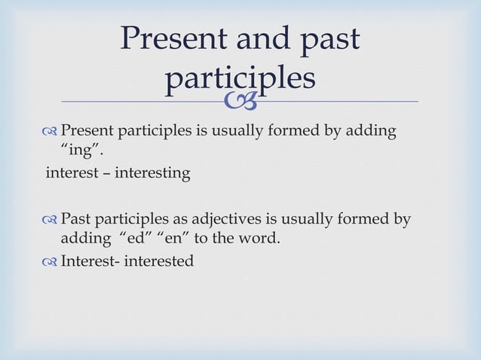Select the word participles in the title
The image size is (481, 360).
[x=239, y=78]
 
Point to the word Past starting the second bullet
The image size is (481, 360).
[x=74, y=220]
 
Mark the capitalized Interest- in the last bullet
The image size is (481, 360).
[x=88, y=261]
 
